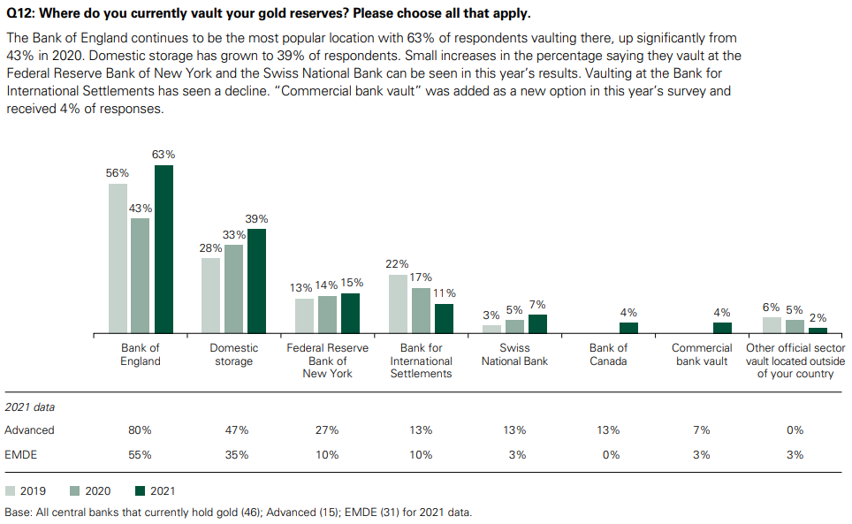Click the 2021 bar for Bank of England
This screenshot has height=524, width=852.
[164, 249]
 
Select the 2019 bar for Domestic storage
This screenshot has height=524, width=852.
[210, 295]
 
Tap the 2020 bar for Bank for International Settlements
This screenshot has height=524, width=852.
[421, 310]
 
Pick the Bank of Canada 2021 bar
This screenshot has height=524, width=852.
[628, 328]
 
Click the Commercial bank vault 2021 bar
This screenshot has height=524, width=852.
[722, 328]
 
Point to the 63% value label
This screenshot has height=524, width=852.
[164, 154]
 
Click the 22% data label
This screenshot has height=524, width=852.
[398, 263]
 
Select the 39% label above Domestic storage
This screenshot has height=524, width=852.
[256, 218]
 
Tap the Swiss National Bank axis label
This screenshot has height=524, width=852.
[514, 354]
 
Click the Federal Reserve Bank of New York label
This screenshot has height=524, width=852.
[327, 361]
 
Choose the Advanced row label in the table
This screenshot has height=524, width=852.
[29, 430]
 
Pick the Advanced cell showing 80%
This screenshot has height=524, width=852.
[140, 430]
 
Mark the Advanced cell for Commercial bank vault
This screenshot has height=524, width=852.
[702, 430]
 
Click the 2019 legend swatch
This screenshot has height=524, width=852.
[11, 490]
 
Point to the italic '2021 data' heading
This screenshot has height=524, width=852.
[30, 407]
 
